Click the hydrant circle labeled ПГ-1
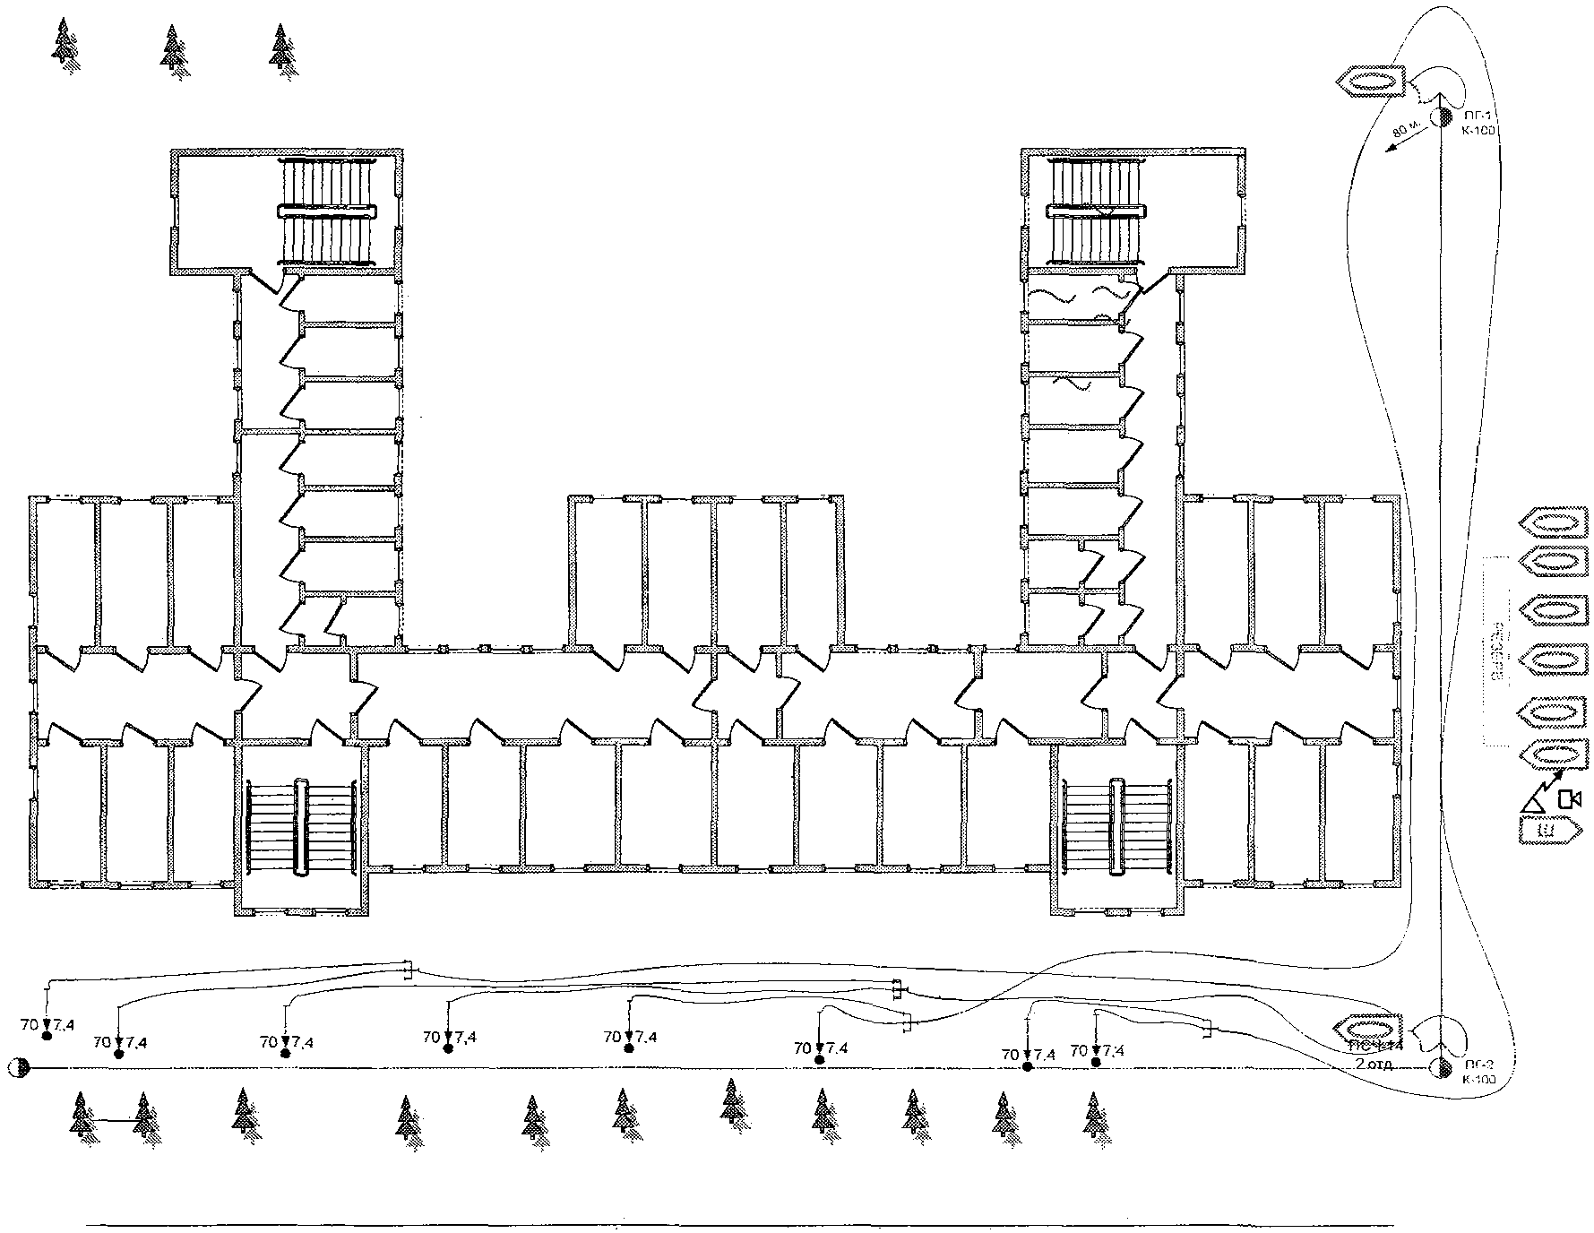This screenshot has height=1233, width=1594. (1440, 117)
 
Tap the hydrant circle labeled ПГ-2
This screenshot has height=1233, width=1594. (1440, 1067)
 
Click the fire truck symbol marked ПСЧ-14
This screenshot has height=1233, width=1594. (1366, 1027)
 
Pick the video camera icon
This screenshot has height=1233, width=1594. (1569, 798)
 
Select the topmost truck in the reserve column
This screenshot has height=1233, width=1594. (1554, 522)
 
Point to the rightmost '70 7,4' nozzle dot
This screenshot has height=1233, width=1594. (1096, 1062)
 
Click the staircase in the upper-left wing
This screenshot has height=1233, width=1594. (326, 211)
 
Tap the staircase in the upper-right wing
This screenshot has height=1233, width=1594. (1097, 211)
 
